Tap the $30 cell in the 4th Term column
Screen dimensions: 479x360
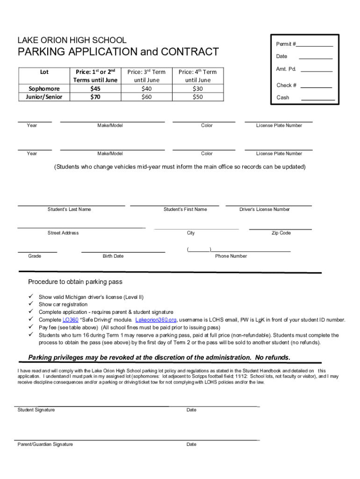(198, 88)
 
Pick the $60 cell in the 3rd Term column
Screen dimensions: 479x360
(147, 97)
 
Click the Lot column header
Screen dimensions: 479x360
(44, 72)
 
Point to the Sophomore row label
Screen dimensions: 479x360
(44, 88)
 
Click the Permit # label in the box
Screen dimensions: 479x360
(286, 44)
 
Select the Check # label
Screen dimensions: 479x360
(286, 85)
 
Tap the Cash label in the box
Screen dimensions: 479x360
(283, 98)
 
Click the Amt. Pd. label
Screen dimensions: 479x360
(286, 69)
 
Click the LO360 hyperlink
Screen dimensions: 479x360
(71, 320)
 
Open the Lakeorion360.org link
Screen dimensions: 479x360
(156, 320)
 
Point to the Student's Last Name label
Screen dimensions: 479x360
(69, 210)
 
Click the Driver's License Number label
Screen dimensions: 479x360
(265, 210)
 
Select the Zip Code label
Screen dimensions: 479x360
(281, 233)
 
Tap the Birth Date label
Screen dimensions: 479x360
(113, 256)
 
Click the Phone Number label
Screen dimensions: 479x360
(231, 256)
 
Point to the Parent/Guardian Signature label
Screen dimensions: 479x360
(45, 444)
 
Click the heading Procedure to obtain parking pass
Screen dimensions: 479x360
(75, 282)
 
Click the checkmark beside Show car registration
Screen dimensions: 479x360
(31, 305)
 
